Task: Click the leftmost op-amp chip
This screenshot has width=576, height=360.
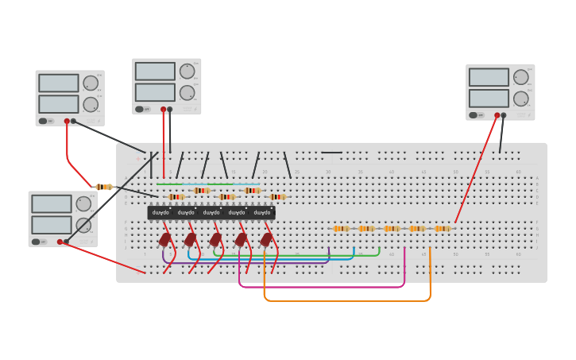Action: click(x=160, y=213)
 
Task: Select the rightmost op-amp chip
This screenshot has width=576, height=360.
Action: click(x=262, y=213)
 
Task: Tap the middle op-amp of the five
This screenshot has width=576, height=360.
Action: click(x=211, y=213)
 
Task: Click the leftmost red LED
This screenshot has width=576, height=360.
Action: click(x=165, y=239)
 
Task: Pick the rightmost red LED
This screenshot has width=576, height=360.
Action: click(x=266, y=239)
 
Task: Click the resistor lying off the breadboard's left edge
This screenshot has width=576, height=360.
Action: click(x=102, y=187)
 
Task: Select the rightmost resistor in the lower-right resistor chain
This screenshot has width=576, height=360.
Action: click(x=442, y=228)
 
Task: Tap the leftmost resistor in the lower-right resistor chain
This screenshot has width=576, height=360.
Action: click(x=341, y=228)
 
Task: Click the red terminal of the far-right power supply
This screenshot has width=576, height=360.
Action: click(x=497, y=115)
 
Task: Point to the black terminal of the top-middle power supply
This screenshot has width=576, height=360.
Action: click(x=170, y=109)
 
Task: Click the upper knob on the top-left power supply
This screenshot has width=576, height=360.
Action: click(x=91, y=83)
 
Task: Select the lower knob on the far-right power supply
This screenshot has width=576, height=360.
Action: click(x=521, y=99)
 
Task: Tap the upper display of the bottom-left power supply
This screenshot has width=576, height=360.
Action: click(x=52, y=204)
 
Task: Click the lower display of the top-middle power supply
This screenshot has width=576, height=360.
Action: click(x=155, y=92)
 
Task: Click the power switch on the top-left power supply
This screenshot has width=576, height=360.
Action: click(x=43, y=122)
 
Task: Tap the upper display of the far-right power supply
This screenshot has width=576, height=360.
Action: click(x=489, y=77)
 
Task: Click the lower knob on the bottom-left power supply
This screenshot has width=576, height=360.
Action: click(x=83, y=225)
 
